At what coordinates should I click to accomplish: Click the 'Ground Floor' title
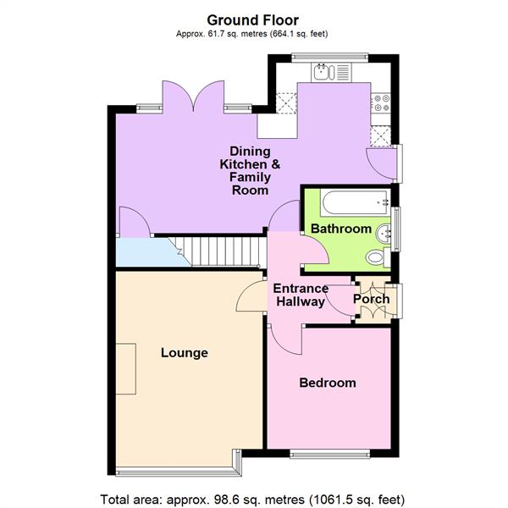pyautogui.click(x=253, y=19)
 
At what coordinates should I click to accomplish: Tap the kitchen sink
pyautogui.click(x=323, y=74)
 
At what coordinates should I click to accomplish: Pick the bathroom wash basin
pyautogui.click(x=385, y=229)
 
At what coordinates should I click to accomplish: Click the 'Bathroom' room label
pyautogui.click(x=340, y=229)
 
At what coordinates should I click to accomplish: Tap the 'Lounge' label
pyautogui.click(x=185, y=352)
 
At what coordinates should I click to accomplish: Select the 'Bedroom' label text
pyautogui.click(x=328, y=383)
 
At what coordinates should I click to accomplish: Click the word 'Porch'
pyautogui.click(x=371, y=299)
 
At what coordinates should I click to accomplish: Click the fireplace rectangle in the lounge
pyautogui.click(x=125, y=369)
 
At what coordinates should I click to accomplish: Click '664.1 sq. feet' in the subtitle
pyautogui.click(x=295, y=34)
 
